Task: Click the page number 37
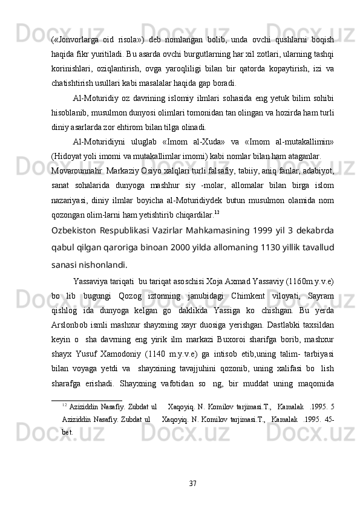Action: coord(192,482)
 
